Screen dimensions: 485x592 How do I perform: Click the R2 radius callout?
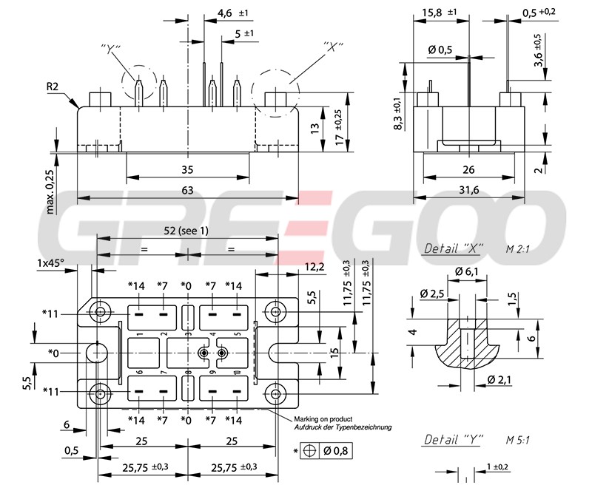tap(53, 87)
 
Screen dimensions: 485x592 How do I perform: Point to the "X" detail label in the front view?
tap(335, 46)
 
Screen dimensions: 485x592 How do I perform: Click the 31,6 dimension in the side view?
tap(469, 191)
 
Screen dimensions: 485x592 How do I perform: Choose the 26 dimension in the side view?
tap(469, 169)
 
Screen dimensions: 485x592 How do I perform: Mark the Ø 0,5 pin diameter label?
tap(440, 50)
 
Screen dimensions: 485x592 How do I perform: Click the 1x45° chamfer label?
tap(51, 262)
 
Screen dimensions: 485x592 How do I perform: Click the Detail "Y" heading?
tap(453, 440)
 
